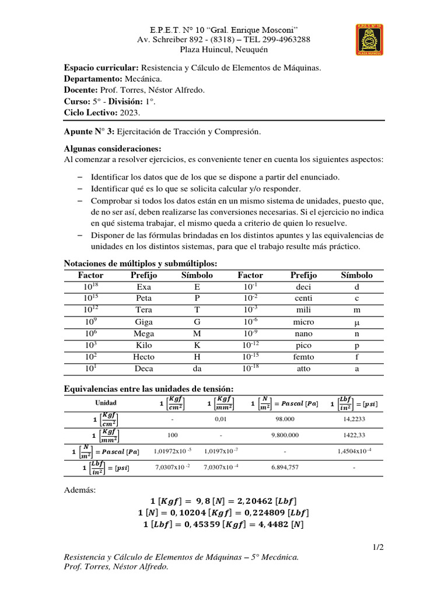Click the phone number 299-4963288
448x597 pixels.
coord(283,40)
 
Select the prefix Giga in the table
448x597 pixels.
coord(143,322)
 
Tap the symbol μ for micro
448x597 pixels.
coord(356,322)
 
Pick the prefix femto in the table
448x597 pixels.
coord(303,357)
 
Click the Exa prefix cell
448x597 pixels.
coord(143,287)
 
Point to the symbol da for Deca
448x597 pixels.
coord(197,368)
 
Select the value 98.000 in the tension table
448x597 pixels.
coord(285,419)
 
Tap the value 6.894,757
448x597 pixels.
coord(285,468)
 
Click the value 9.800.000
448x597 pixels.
coord(285,435)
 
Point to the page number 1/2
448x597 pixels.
coord(378,547)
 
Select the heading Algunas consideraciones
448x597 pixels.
coord(112,149)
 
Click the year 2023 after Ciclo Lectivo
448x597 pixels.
coord(130,113)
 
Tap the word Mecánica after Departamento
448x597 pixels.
coord(143,79)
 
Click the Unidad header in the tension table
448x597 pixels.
coord(106,403)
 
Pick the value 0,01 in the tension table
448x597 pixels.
coord(220,419)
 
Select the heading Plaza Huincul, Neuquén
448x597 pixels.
coord(223,50)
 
